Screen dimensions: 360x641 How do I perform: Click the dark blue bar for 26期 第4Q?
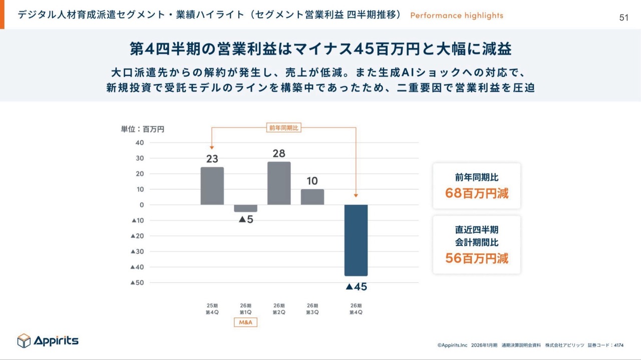pyautogui.click(x=356, y=240)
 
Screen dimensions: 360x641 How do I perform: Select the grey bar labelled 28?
pyautogui.click(x=279, y=183)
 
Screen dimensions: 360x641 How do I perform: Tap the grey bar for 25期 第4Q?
pyautogui.click(x=212, y=186)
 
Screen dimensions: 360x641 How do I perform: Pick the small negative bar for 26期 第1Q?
pyautogui.click(x=245, y=208)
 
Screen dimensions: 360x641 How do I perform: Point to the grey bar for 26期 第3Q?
pyautogui.click(x=312, y=197)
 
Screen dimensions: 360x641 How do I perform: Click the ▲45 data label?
pyautogui.click(x=356, y=287)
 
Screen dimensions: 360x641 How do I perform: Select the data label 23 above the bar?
pyautogui.click(x=212, y=159)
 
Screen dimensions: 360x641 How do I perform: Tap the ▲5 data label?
pyautogui.click(x=245, y=219)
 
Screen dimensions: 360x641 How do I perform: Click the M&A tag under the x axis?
pyautogui.click(x=245, y=322)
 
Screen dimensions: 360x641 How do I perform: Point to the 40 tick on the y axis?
pyautogui.click(x=139, y=143)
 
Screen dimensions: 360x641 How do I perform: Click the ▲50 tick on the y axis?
pyautogui.click(x=137, y=283)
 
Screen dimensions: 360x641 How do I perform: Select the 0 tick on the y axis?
pyautogui.click(x=142, y=205)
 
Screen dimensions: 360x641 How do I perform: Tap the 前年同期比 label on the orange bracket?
pyautogui.click(x=283, y=128)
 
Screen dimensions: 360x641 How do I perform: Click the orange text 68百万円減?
pyautogui.click(x=477, y=193)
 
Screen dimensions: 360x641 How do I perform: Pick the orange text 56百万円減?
pyautogui.click(x=477, y=258)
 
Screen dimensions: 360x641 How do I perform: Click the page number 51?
pyautogui.click(x=623, y=18)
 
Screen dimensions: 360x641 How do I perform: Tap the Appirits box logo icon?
pyautogui.click(x=24, y=340)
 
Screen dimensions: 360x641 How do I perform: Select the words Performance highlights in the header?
pyautogui.click(x=456, y=16)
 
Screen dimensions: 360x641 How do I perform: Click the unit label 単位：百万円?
pyautogui.click(x=143, y=129)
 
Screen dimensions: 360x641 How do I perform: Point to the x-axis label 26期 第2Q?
pyautogui.click(x=279, y=309)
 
